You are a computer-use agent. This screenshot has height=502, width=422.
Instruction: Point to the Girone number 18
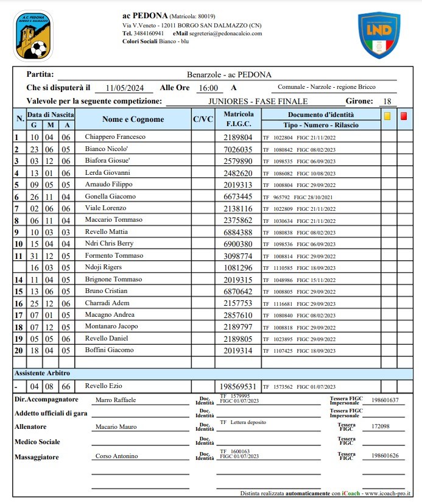point(386,101)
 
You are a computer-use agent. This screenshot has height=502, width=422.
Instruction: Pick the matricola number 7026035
point(238,149)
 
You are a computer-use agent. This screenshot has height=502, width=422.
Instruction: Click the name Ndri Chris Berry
point(110,244)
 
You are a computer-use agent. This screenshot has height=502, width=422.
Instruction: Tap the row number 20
point(18,350)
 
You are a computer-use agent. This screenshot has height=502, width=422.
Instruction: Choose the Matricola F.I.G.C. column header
point(238,119)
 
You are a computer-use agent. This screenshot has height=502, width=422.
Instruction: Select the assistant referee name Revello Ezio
point(104,386)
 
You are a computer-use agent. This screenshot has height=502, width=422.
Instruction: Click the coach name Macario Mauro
point(115,427)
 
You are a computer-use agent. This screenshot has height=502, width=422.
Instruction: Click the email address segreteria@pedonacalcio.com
point(225,34)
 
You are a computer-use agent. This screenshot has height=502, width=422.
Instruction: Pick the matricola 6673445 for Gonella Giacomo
point(238,197)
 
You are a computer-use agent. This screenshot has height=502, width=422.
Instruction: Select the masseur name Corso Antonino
point(116,456)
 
